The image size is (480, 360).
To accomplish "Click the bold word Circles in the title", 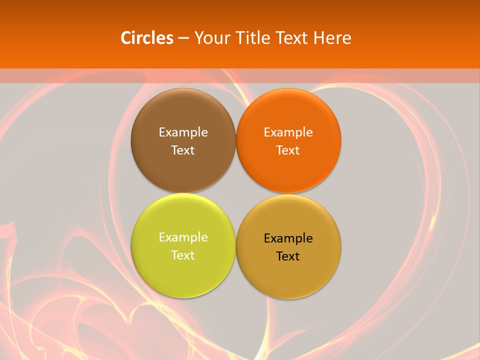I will (x=147, y=38).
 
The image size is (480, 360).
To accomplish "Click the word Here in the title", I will (x=332, y=38).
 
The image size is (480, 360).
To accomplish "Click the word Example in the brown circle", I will (x=183, y=132).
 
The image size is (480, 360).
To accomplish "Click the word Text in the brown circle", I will (x=183, y=150).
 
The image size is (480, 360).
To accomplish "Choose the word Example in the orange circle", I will (x=288, y=132).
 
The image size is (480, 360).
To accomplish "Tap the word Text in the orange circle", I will (x=288, y=150).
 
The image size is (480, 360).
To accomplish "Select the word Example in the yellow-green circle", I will (x=183, y=237).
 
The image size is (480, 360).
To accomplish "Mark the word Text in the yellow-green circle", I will (x=183, y=255).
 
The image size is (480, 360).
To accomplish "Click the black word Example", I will (x=288, y=238).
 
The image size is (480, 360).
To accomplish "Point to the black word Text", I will (x=288, y=256).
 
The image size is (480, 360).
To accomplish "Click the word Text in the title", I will (x=291, y=38).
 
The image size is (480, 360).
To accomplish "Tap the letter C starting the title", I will (x=126, y=38).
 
